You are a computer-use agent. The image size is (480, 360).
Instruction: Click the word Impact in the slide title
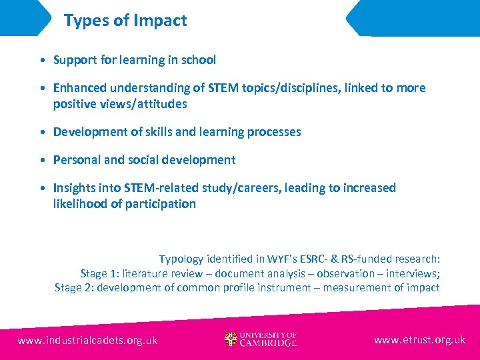[161, 21]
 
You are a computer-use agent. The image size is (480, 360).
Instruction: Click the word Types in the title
[85, 21]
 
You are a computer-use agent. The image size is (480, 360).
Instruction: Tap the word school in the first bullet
[198, 60]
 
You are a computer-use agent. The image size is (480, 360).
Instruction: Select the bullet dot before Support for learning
[42, 60]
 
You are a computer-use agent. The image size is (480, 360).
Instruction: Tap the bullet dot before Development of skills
[42, 132]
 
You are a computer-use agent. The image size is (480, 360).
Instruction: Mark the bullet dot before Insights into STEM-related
[42, 188]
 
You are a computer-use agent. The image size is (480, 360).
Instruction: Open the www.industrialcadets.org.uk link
[87, 340]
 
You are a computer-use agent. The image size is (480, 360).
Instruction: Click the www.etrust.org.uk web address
[419, 340]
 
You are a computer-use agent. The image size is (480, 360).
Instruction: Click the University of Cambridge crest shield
[231, 340]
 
